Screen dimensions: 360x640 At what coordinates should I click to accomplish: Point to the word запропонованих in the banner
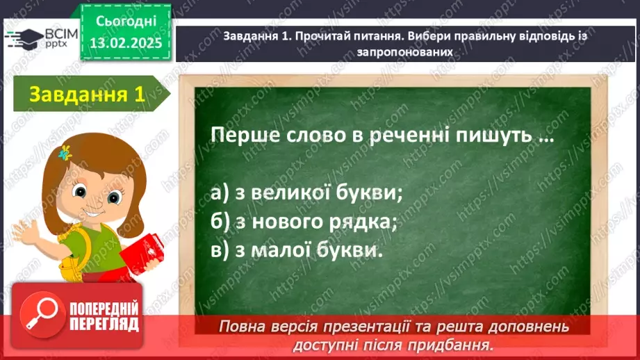pyautogui.click(x=397, y=51)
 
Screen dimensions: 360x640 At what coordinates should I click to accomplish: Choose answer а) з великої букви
pyautogui.click(x=306, y=193)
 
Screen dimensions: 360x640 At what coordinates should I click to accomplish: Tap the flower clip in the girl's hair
pyautogui.click(x=66, y=152)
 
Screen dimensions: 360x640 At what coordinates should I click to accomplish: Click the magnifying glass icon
pyautogui.click(x=42, y=315)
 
